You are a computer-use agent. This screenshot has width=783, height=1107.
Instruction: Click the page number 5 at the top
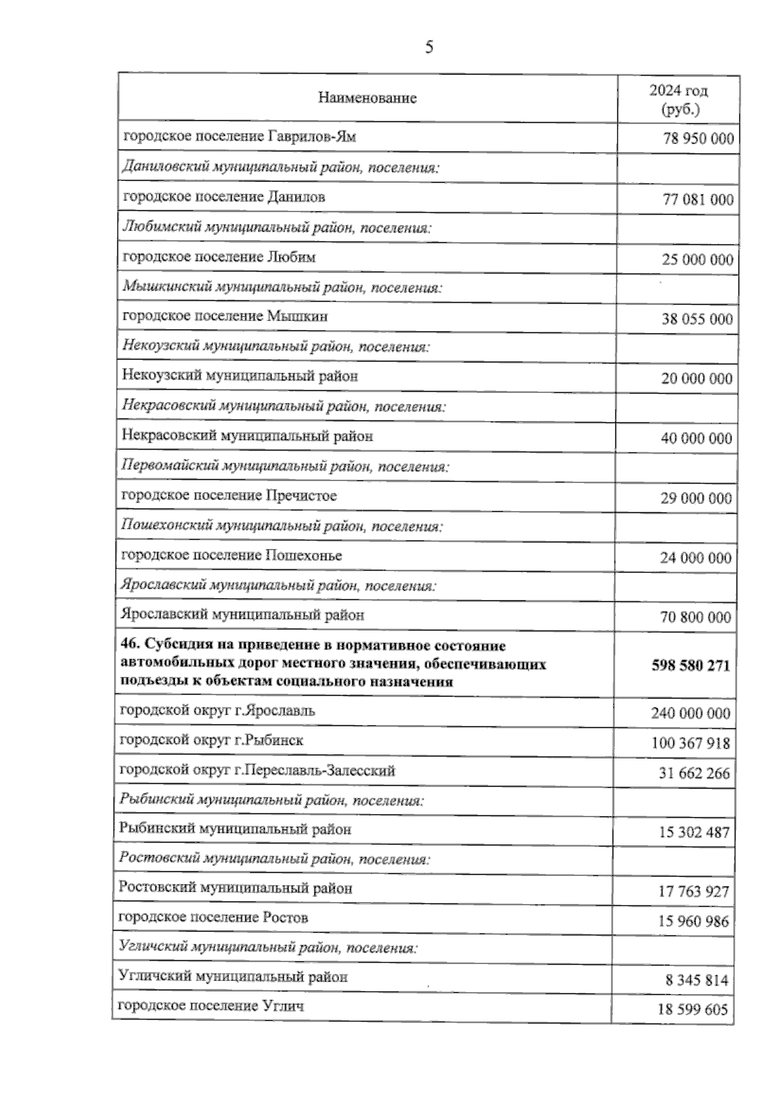[x=429, y=47]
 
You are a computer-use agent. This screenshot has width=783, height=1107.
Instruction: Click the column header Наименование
[x=367, y=99]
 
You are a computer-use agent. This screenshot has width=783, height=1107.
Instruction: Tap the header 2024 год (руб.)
[x=679, y=99]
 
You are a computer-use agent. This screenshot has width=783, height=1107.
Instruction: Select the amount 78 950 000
[x=698, y=139]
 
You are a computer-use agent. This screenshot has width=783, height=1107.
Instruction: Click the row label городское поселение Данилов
[x=224, y=197]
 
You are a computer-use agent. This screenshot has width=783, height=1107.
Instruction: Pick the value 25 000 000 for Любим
[x=698, y=260]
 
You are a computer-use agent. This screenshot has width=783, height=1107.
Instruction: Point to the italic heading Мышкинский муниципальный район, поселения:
[x=283, y=287]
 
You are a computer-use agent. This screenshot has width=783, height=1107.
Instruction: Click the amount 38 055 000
[x=698, y=319]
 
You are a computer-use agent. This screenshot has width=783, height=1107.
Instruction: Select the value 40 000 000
[x=696, y=439]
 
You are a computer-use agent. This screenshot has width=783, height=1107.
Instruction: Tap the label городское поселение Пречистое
[x=229, y=496]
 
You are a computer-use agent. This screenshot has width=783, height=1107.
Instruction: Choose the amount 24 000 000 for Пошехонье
[x=696, y=558]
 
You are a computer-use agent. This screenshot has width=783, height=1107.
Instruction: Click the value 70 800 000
[x=696, y=617]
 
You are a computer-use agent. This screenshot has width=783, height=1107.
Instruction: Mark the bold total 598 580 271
[x=691, y=666]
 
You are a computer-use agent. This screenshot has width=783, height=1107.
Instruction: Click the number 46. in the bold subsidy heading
[x=130, y=646]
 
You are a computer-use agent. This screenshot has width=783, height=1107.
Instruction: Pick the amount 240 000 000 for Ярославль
[x=690, y=713]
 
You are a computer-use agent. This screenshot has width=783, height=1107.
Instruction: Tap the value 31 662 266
[x=694, y=773]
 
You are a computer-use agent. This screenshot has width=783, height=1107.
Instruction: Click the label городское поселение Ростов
[x=213, y=918]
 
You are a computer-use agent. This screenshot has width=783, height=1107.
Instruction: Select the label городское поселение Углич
[x=210, y=1006]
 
